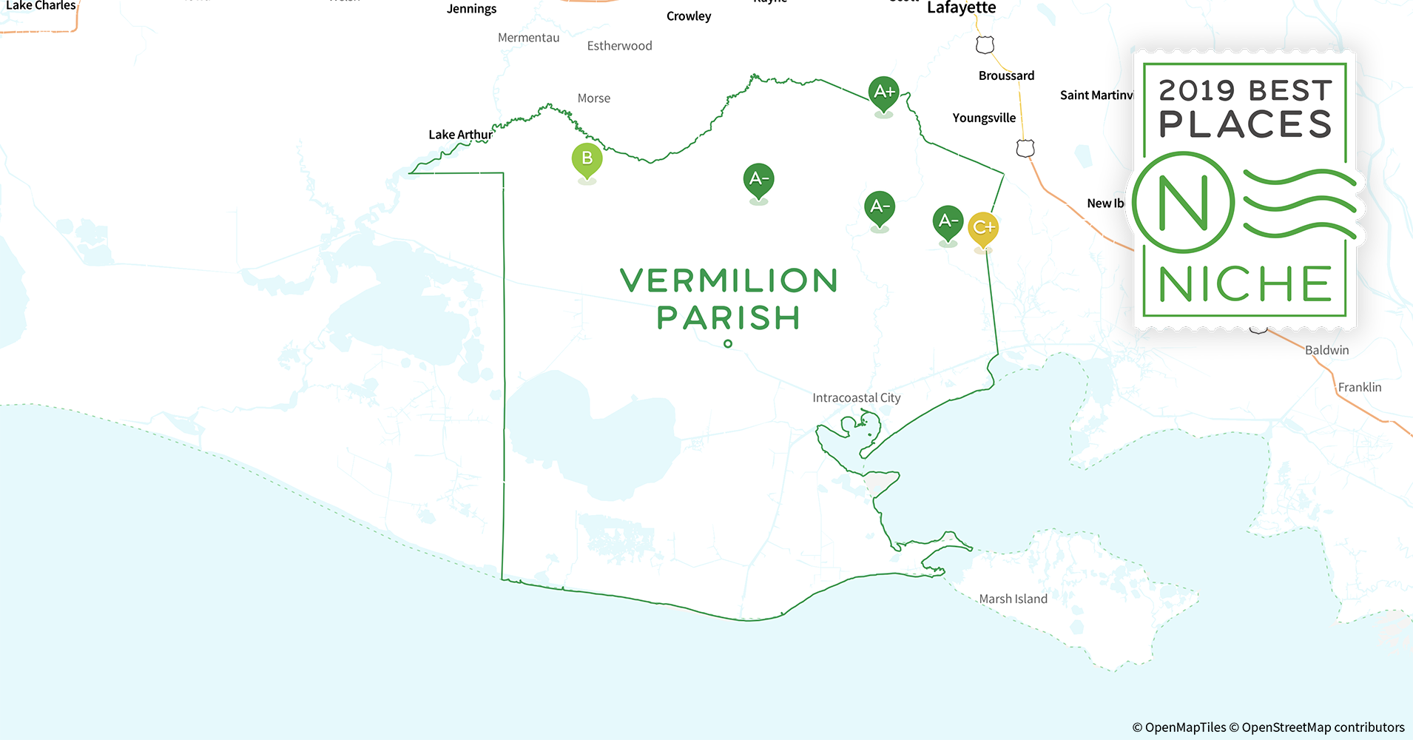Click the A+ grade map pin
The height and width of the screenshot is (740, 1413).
click(x=884, y=92)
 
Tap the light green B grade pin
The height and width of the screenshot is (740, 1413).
click(x=587, y=159)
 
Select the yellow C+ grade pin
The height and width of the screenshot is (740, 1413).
click(x=983, y=228)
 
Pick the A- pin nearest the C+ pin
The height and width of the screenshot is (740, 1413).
click(x=948, y=221)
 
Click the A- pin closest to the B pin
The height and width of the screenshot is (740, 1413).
click(x=758, y=179)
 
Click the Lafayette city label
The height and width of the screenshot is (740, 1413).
click(x=961, y=8)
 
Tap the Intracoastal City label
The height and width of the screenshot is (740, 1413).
click(x=856, y=398)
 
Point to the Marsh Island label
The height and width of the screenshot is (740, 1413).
click(x=1013, y=599)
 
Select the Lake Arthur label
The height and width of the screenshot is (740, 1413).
click(x=460, y=135)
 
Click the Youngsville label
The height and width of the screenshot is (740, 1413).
click(x=984, y=118)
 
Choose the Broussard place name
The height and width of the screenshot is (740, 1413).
click(x=1006, y=75)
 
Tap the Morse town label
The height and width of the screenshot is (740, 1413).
click(x=593, y=98)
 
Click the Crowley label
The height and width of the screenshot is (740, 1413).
click(x=688, y=16)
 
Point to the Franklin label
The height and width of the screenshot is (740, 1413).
click(x=1359, y=388)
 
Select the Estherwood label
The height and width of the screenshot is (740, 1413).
click(x=619, y=46)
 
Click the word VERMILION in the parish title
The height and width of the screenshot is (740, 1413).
click(x=729, y=281)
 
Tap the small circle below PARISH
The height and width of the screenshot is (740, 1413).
click(x=728, y=344)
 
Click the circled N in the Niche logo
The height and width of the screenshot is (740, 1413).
click(x=1183, y=203)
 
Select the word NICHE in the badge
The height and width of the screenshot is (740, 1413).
click(x=1245, y=285)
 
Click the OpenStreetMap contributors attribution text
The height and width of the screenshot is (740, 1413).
click(x=1323, y=727)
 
